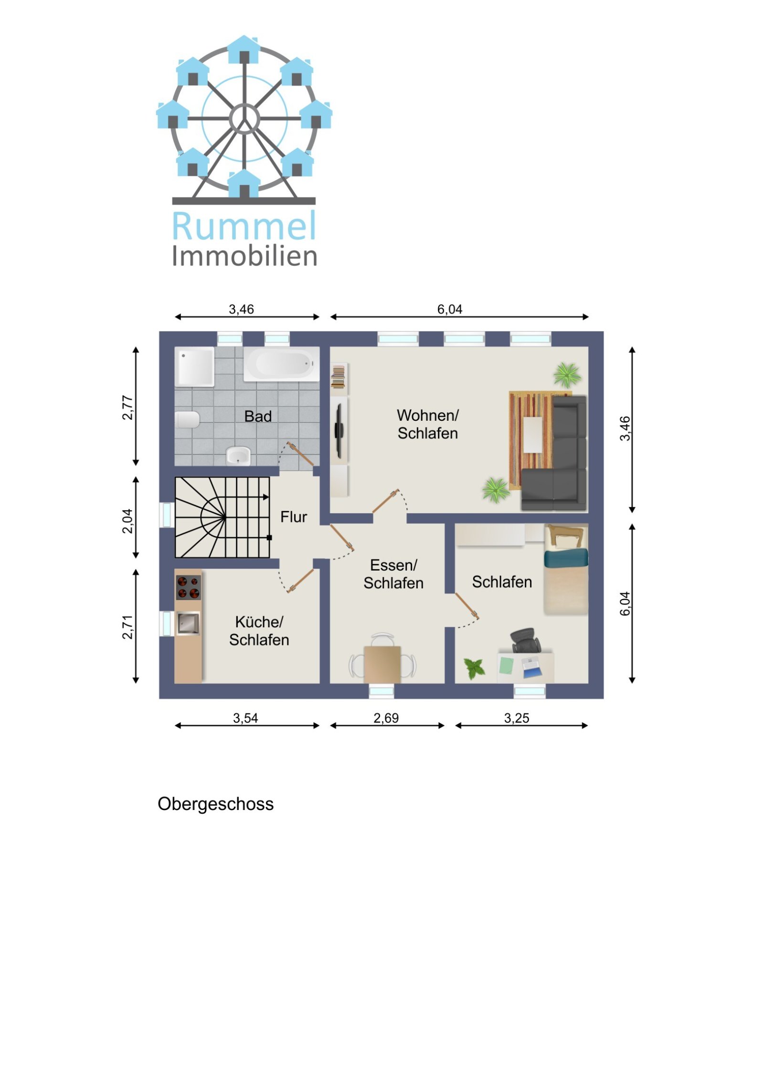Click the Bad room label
point(258,416)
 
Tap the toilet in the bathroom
point(187,419)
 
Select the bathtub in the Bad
point(281,364)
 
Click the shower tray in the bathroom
point(194,366)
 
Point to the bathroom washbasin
point(238,456)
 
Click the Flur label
point(293,517)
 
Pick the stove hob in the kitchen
point(188,587)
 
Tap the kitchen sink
point(188,623)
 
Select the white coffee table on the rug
point(532,435)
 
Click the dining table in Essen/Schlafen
point(382,664)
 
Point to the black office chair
point(526,640)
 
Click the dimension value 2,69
point(386,718)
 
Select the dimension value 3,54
point(245,718)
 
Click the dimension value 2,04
point(127,521)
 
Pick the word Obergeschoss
point(215,804)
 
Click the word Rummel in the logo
point(244,226)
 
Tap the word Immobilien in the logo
point(244,257)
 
